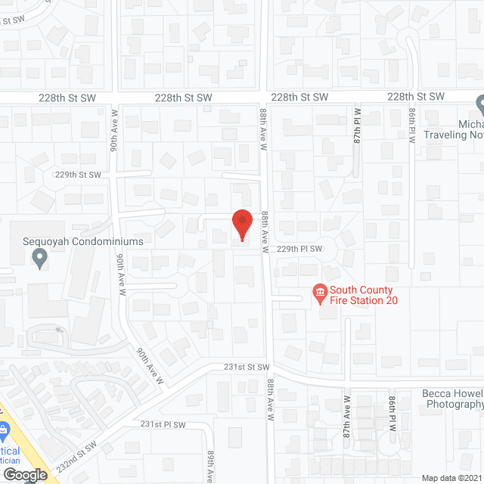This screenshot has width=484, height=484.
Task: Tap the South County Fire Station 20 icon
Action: coord(320,292)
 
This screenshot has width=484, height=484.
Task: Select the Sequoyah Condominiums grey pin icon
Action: coord(40,259)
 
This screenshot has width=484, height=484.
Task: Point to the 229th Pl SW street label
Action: coord(299,249)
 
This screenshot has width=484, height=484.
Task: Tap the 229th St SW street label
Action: coord(79,175)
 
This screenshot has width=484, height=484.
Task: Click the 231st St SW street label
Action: coord(247,367)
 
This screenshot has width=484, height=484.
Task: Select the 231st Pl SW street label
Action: coord(163,425)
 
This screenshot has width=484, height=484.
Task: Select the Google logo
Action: coord(24,475)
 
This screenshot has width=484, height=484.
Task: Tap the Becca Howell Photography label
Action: coord(452,399)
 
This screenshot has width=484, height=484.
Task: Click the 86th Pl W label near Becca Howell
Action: coord(393,414)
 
